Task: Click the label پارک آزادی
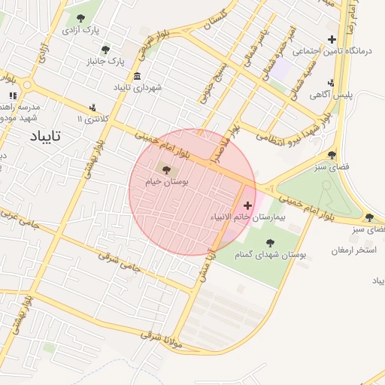coord(80,31)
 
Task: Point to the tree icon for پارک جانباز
coord(105,49)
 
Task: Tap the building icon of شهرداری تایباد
coord(137,77)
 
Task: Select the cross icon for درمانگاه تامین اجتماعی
coord(332,39)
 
